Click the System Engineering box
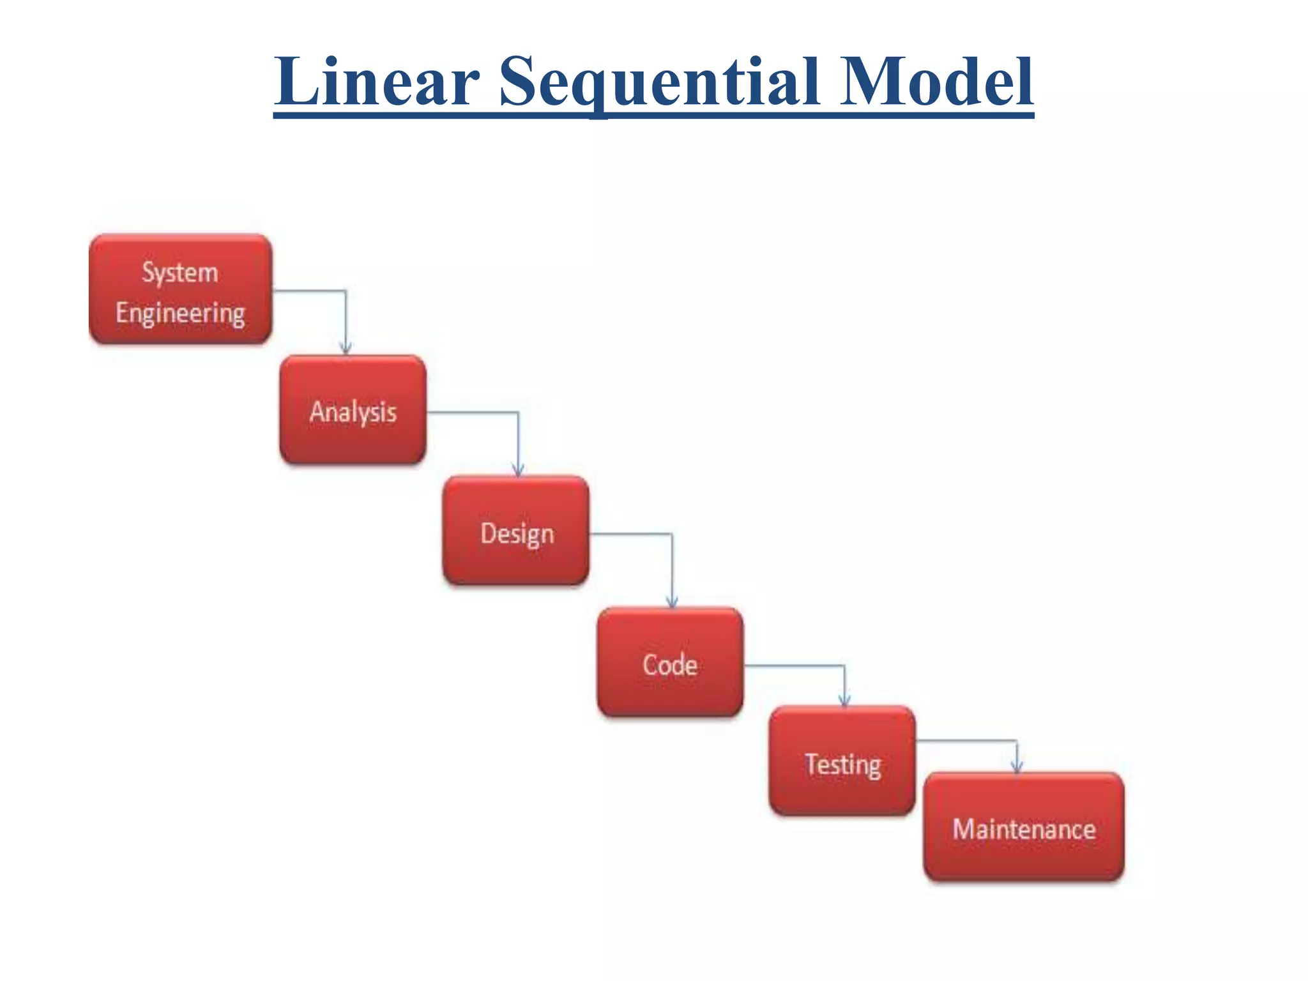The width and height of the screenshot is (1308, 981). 181,289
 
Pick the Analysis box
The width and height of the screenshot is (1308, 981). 353,410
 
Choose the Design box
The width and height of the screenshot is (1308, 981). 516,531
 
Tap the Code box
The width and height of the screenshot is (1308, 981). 670,662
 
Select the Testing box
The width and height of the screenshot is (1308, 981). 842,761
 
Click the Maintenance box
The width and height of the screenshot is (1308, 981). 1024,827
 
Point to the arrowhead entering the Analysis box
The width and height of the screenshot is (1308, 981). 346,348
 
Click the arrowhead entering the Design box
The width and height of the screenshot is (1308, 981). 518,470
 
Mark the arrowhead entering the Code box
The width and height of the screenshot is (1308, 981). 672,602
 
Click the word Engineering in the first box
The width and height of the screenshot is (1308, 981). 180,313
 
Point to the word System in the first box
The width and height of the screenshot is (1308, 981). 180,273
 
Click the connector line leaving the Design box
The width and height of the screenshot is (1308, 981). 632,533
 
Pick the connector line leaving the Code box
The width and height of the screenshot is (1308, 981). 795,665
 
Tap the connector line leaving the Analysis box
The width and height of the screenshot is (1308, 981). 473,412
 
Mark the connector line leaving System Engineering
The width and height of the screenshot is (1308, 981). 310,291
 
